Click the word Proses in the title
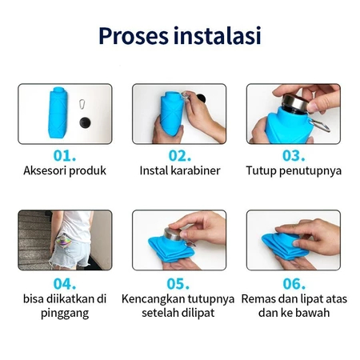[134, 36]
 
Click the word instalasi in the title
[217, 35]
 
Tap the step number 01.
[65, 155]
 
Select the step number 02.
[180, 155]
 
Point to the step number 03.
[294, 155]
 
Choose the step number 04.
[65, 284]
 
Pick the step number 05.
[178, 284]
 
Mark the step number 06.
[294, 284]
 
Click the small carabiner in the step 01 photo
[82, 104]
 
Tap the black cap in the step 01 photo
[85, 122]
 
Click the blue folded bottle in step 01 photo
[58, 113]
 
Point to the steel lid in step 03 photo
[294, 102]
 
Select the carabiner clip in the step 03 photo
[320, 125]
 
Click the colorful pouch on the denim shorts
[64, 242]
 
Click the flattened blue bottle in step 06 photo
[285, 246]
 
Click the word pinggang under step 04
[65, 314]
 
